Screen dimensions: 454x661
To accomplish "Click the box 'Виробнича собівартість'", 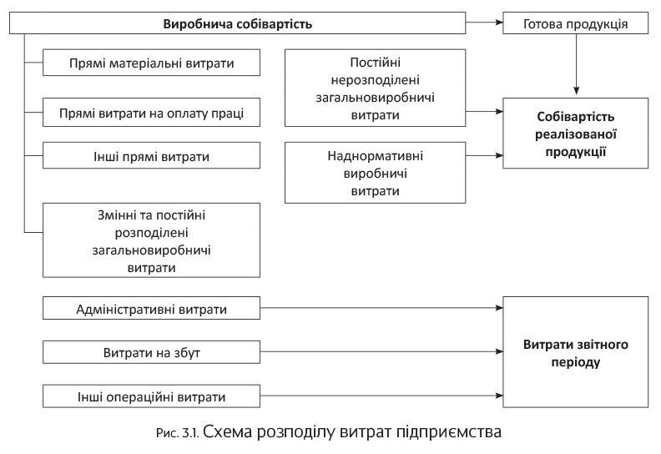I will [x=237, y=23].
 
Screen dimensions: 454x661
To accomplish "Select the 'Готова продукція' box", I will [x=576, y=23].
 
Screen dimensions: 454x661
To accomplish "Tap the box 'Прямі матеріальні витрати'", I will [x=150, y=63].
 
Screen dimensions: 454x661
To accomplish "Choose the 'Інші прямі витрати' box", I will [x=150, y=156].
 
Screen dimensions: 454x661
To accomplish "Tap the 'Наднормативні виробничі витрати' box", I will [x=376, y=173].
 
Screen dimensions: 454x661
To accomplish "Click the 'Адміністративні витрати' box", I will [x=150, y=309].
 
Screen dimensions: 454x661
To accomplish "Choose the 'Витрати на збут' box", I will [x=150, y=352].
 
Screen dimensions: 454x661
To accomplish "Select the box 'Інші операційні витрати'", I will [x=150, y=396].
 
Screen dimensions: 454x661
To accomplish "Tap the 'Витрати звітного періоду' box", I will [x=576, y=352].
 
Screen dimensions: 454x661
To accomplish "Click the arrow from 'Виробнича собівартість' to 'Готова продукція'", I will [x=484, y=23].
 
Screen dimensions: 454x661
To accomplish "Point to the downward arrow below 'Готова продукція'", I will [x=576, y=63].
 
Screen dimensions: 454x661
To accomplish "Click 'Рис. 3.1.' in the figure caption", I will [x=179, y=434].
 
